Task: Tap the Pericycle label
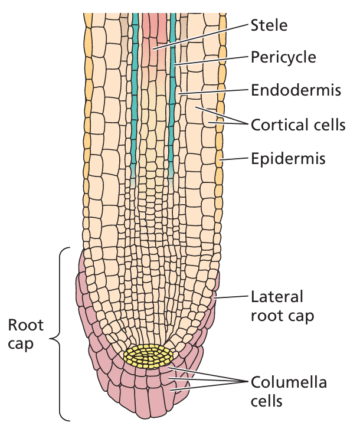283,57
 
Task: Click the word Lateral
277,296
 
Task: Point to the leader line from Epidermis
235,159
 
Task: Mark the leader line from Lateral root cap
232,297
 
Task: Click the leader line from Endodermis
212,91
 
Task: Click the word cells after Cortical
329,125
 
